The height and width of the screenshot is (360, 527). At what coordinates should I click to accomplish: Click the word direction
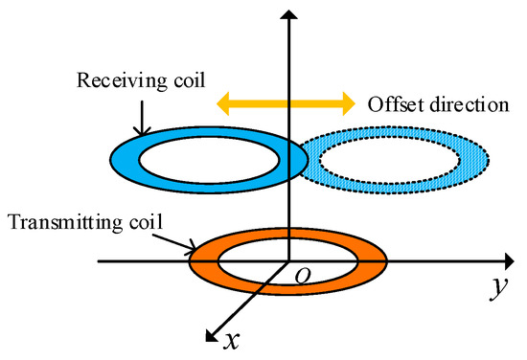(461, 102)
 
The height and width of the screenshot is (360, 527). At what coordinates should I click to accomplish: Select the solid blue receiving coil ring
(129, 158)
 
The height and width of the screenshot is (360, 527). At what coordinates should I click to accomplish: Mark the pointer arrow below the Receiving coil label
(140, 112)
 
